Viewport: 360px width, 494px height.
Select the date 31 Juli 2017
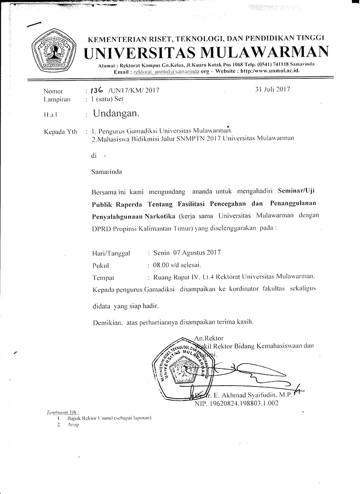click(272, 89)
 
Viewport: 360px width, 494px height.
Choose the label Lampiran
click(56, 99)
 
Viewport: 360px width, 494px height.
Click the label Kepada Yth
click(58, 132)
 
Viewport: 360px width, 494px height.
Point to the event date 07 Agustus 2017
click(195, 253)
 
